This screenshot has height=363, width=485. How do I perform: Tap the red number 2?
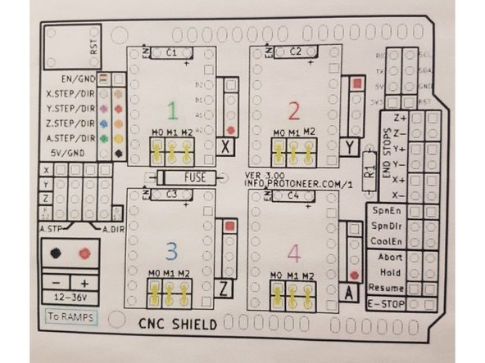coord(295,109)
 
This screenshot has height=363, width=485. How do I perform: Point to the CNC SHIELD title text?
coord(177,324)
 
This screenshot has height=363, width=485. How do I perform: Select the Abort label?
coord(383,257)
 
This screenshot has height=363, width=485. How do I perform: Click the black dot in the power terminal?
coord(56,253)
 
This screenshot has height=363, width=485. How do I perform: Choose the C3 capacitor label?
coord(171,195)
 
